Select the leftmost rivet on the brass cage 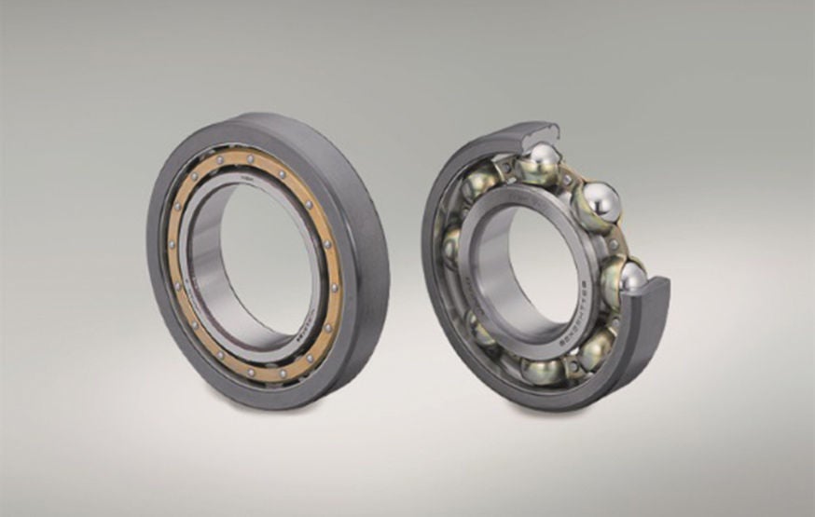tap(173, 244)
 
